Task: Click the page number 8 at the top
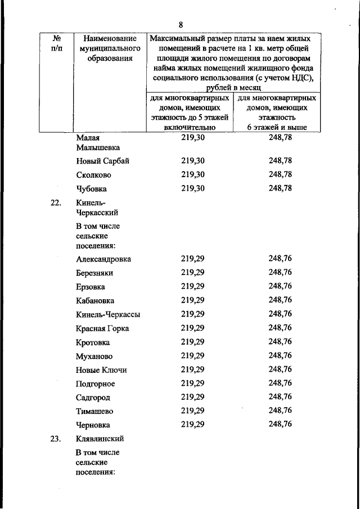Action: point(181,24)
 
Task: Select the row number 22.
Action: point(55,203)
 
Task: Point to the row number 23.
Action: point(55,439)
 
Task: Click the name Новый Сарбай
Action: point(103,161)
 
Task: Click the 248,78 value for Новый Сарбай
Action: point(280,161)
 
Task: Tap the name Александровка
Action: point(103,259)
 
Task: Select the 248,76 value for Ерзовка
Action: point(280,286)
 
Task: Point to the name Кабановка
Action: point(95,300)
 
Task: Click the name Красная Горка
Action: point(102,328)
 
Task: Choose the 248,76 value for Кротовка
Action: point(280,341)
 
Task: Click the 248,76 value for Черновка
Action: point(280,425)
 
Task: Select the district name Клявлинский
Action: point(100,439)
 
